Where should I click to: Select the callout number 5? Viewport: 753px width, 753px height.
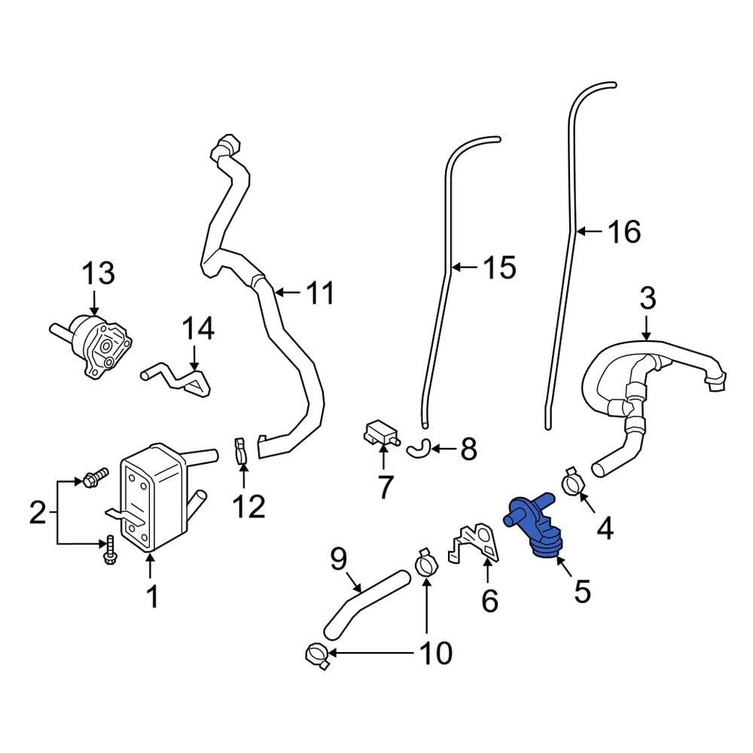(x=581, y=591)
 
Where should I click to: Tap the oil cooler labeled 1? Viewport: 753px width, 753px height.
(x=151, y=497)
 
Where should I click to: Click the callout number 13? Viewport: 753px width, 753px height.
(x=98, y=273)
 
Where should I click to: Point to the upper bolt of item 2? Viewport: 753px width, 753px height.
(x=96, y=476)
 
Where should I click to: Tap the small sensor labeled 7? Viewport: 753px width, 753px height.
(x=380, y=434)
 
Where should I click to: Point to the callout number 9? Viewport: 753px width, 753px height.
(x=338, y=559)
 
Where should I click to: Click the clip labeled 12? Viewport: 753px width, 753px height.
(x=240, y=451)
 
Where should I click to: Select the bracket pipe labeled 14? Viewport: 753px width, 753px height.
(x=181, y=377)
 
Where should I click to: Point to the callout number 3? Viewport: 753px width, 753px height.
(x=648, y=299)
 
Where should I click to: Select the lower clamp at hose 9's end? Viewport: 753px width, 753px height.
(x=319, y=656)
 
